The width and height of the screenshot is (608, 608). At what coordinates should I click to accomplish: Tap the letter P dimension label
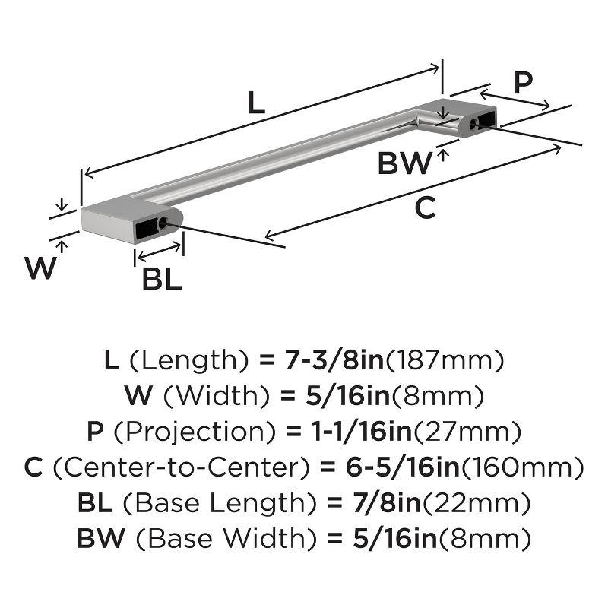click(522, 84)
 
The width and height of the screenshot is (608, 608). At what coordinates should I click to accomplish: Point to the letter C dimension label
click(426, 207)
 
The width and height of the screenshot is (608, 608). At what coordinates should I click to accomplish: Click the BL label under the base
click(161, 280)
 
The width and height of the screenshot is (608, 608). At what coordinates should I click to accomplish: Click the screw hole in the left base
click(162, 223)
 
